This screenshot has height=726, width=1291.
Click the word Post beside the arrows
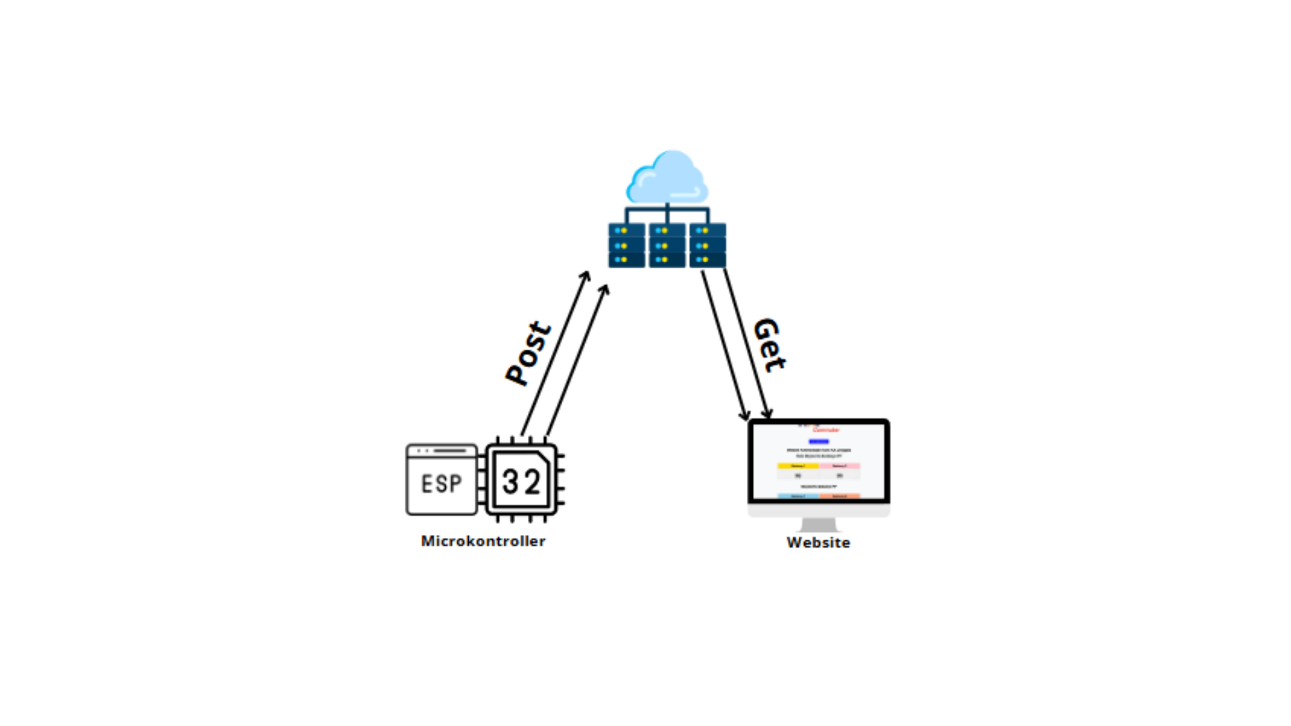pos(529,354)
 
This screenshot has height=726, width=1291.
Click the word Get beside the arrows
pos(769,345)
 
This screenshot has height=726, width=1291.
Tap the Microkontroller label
pos(483,541)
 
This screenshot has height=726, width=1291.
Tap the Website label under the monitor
pos(818,542)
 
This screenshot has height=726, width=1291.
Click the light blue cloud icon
pos(667,178)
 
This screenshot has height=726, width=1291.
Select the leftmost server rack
pos(627,245)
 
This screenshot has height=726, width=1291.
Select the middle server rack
pos(667,245)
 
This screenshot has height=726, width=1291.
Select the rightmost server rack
pos(707,245)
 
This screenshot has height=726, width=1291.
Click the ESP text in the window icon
pos(441,483)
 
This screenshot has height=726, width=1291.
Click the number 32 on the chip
pos(521,481)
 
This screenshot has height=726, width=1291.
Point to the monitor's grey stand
pos(818,524)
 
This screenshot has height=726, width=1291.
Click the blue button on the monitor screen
pos(818,442)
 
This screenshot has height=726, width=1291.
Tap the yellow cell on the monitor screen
pos(798,466)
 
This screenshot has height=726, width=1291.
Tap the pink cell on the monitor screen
pos(839,466)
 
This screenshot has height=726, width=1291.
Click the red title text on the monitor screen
pos(826,430)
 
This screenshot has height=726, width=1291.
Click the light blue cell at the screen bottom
pos(798,496)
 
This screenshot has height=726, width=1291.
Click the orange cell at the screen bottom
pos(839,496)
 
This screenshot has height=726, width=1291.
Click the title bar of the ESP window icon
pos(441,450)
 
